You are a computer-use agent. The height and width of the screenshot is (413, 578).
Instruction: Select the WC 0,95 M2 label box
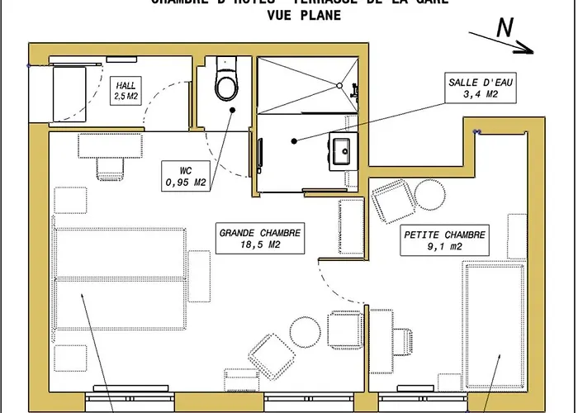(184, 176)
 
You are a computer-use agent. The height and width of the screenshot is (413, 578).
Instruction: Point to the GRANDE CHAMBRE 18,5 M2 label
(260, 238)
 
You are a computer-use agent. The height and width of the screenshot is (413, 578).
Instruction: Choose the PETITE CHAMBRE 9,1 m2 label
(444, 240)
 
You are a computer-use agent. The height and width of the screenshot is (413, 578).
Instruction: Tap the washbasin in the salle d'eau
(340, 150)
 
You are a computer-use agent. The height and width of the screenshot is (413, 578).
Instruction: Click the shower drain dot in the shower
(339, 84)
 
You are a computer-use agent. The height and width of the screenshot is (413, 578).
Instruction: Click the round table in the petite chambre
(429, 195)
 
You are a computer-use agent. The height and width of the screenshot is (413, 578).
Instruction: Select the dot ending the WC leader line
(234, 110)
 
